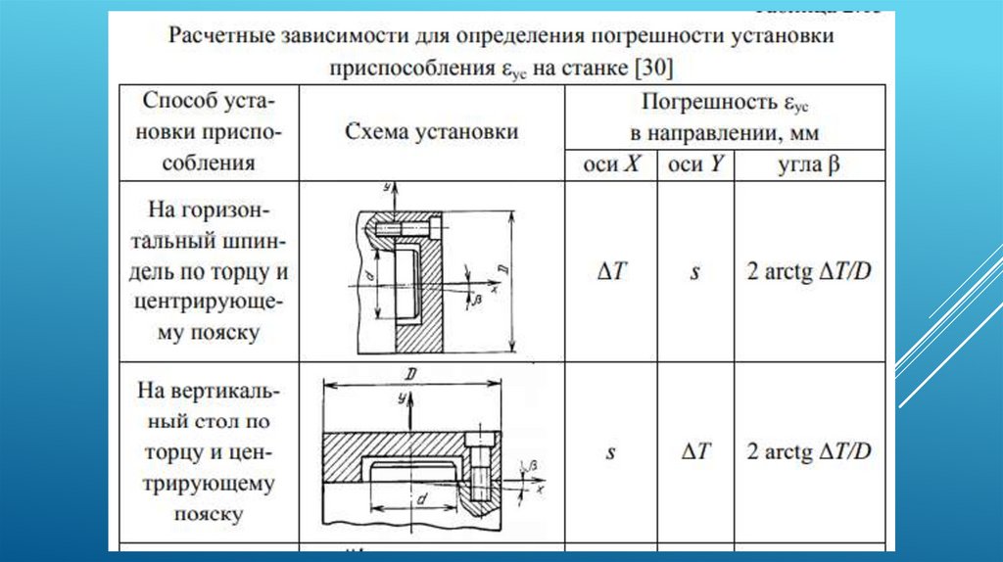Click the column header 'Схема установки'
(x=432, y=132)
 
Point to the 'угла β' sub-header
(x=809, y=165)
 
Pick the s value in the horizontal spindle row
(x=694, y=272)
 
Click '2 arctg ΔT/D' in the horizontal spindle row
(x=809, y=271)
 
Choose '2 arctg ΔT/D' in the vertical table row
(x=809, y=451)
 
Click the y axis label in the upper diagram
(x=389, y=186)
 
